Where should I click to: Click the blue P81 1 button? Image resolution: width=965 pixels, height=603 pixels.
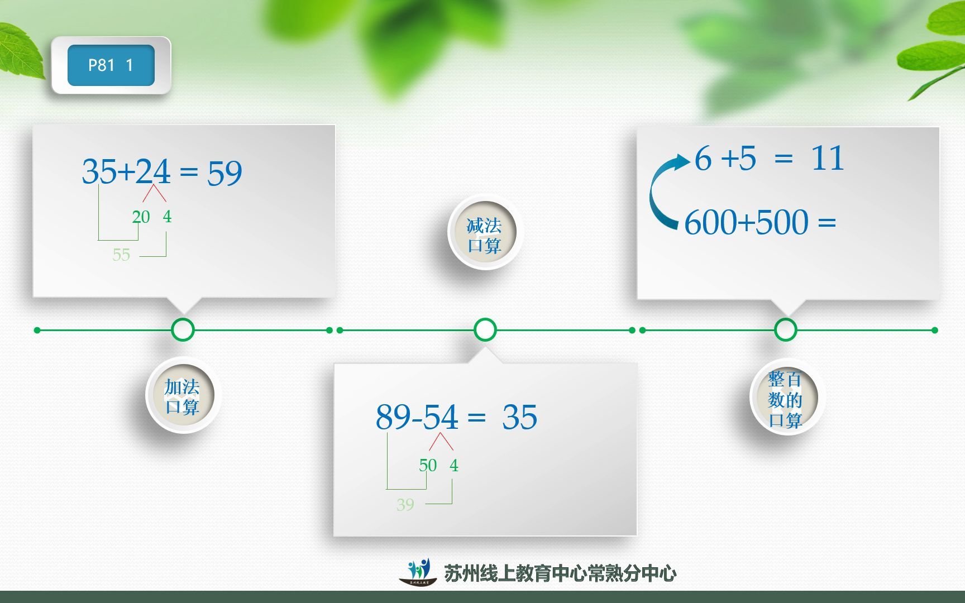(x=111, y=65)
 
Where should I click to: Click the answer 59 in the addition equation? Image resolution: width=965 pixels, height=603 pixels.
(x=224, y=173)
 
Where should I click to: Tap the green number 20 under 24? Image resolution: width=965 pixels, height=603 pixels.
(x=141, y=217)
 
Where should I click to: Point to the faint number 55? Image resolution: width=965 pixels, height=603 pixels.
(x=121, y=255)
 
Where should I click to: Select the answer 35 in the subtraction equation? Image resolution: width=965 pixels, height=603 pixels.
(x=519, y=417)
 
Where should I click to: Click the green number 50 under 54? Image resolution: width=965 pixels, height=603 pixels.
(x=428, y=465)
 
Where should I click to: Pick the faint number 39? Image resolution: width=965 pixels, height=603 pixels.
(x=405, y=505)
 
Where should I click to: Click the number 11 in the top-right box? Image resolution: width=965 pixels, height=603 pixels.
(x=827, y=158)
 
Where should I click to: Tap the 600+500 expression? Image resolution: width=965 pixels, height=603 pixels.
(x=746, y=222)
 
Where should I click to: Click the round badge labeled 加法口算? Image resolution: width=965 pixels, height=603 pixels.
(x=181, y=395)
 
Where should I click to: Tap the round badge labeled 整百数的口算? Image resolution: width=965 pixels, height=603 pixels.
(x=785, y=398)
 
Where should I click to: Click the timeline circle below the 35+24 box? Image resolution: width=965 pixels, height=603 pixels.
(x=183, y=330)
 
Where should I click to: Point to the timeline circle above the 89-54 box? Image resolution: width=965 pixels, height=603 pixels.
(x=485, y=330)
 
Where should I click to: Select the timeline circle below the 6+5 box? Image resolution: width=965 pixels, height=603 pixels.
(x=785, y=330)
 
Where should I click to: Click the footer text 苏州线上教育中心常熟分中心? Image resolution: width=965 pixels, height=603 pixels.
(x=560, y=573)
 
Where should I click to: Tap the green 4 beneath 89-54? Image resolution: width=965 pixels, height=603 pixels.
(x=454, y=465)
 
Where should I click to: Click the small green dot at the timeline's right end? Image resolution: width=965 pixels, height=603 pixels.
(x=934, y=330)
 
